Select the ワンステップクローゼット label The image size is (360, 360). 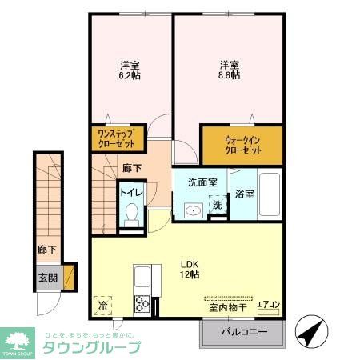pos(118,138)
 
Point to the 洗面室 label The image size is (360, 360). pos(202,183)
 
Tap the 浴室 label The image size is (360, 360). pos(244,193)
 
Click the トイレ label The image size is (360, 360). pos(130,192)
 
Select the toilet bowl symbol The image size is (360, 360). pos(132,216)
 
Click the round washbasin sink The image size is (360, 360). pos(192,211)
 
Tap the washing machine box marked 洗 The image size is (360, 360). pos(218,205)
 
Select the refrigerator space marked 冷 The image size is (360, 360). pos(103,305)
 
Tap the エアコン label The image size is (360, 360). pos(267,304)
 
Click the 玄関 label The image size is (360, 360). pos(47,278)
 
